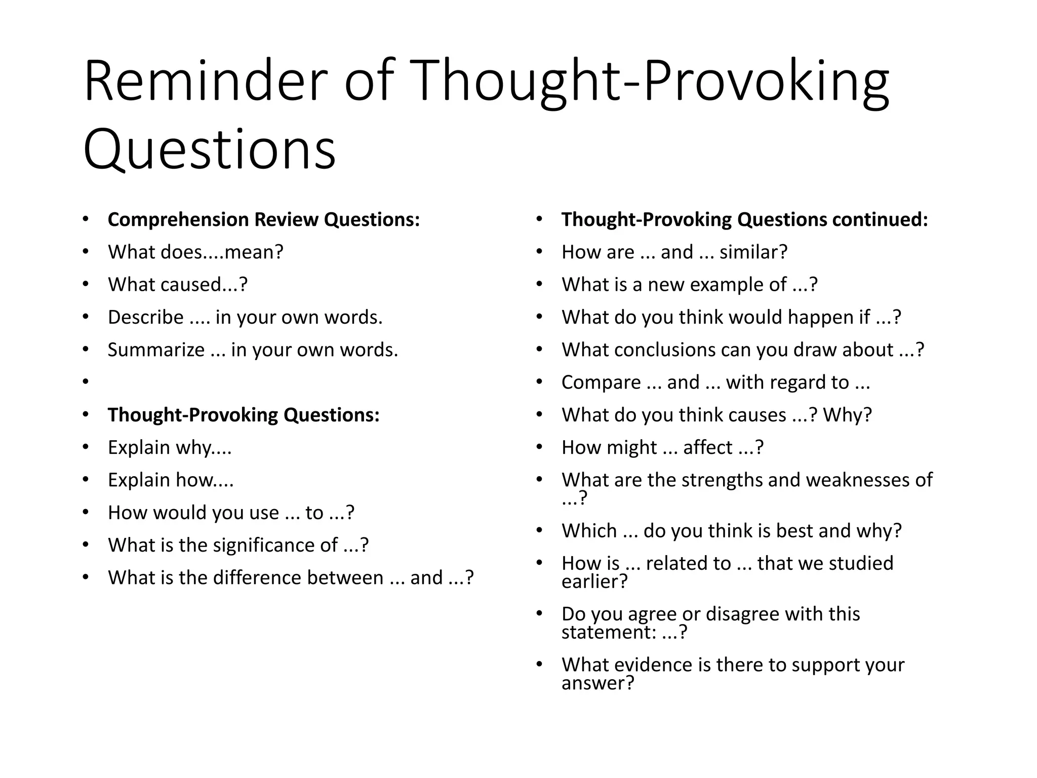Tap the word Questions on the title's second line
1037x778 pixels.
pyautogui.click(x=209, y=149)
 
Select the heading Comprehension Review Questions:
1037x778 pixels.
pyautogui.click(x=264, y=220)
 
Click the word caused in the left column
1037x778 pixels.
pyautogui.click(x=190, y=285)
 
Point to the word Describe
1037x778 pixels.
pyautogui.click(x=146, y=318)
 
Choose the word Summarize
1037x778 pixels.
pyautogui.click(x=156, y=350)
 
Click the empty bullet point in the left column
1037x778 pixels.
pyautogui.click(x=86, y=382)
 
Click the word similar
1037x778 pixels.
pyautogui.click(x=753, y=252)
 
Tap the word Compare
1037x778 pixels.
pyautogui.click(x=601, y=382)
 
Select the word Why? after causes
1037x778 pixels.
pyautogui.click(x=847, y=415)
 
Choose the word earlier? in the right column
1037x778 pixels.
pyautogui.click(x=594, y=581)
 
